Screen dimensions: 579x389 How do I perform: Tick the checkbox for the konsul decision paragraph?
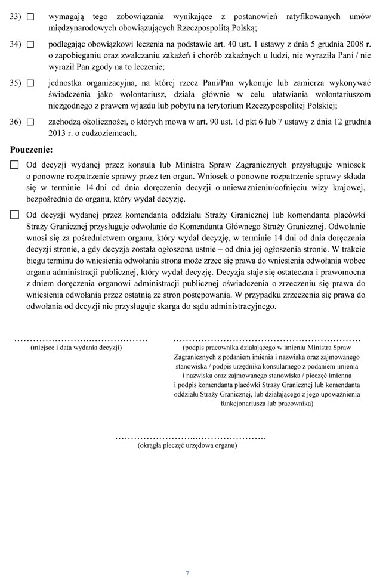point(14,164)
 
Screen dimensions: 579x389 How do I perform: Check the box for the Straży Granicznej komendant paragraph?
point(14,215)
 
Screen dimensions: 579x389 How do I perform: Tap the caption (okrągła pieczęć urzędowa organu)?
point(187,445)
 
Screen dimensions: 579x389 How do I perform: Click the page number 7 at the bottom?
point(187,573)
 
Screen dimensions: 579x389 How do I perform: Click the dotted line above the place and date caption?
point(81,339)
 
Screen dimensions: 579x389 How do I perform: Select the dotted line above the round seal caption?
point(189,437)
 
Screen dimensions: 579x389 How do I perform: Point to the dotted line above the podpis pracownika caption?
point(266,339)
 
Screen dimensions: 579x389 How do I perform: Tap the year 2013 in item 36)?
point(60,133)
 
